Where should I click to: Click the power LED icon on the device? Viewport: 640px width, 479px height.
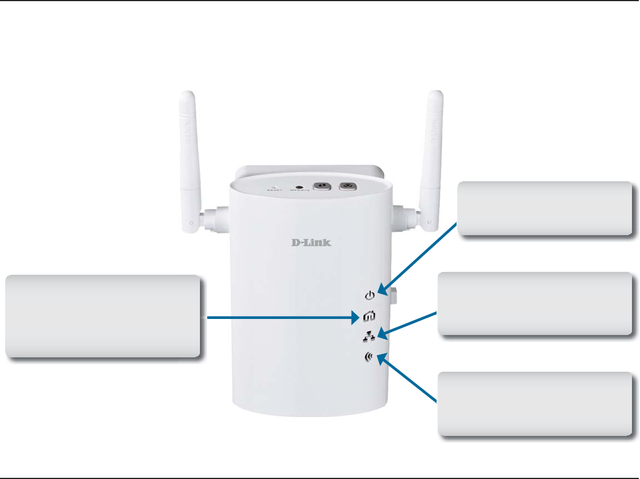click(x=369, y=295)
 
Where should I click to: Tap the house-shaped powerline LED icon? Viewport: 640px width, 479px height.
click(x=369, y=316)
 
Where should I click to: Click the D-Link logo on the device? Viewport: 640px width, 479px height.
click(x=310, y=242)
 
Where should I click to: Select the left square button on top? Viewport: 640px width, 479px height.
click(x=322, y=186)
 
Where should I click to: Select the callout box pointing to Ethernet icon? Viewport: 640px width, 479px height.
click(x=534, y=303)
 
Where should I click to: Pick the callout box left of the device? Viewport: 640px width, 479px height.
click(x=103, y=316)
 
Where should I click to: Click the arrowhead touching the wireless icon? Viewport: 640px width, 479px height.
click(x=377, y=360)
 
